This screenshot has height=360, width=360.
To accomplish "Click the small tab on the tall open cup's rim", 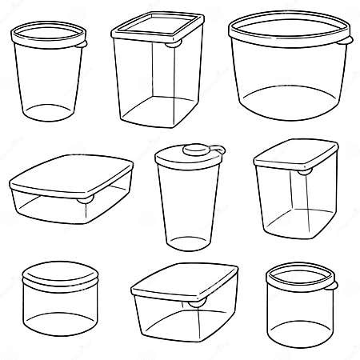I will click(82, 46).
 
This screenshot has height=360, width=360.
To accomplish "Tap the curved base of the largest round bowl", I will click(290, 110).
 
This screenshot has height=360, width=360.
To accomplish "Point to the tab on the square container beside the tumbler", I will click(305, 172).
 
